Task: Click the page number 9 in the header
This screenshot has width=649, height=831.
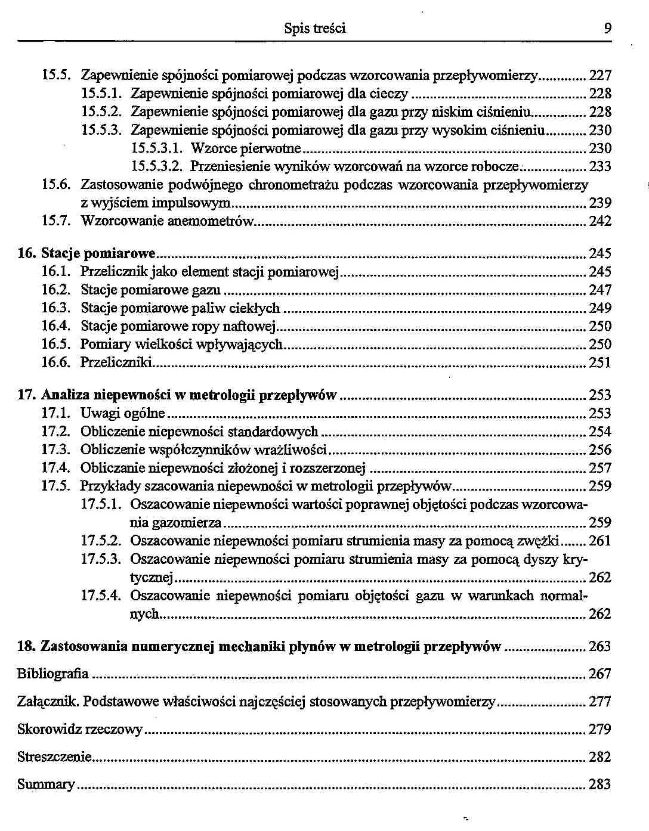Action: coord(607,29)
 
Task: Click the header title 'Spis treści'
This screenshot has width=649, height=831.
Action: coord(314,29)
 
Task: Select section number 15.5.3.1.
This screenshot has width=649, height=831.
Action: coord(157,148)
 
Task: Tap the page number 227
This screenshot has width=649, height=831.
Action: coord(600,76)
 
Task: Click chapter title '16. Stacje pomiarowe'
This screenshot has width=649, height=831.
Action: coord(86,254)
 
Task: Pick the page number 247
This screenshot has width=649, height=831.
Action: coord(600,290)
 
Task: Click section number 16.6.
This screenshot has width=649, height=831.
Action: coord(56,363)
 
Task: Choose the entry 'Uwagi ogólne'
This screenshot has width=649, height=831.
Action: coord(122,414)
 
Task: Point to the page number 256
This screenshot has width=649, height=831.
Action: coord(600,450)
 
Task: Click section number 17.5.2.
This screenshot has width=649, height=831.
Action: coord(101,541)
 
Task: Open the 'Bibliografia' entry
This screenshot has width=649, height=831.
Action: coord(52,674)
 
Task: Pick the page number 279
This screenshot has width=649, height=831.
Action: coord(600,730)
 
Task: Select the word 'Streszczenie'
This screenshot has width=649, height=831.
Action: coord(54,757)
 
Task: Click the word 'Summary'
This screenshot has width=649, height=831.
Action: coord(46,785)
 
